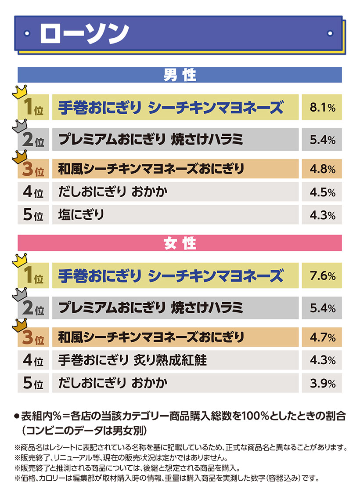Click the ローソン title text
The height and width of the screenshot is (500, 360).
(84, 33)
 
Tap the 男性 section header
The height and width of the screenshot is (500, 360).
(180, 75)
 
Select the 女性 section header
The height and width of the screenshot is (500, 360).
(180, 243)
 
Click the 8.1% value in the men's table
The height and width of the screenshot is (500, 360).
(322, 108)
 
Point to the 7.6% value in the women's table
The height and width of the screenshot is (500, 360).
(322, 276)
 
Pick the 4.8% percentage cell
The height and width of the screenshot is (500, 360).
(322, 169)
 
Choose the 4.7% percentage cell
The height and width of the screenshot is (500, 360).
(322, 337)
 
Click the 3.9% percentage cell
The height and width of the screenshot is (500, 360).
(322, 383)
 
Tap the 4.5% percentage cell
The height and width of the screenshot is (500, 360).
(322, 192)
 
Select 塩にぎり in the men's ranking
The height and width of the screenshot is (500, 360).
(81, 214)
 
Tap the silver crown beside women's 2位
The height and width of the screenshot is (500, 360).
(20, 294)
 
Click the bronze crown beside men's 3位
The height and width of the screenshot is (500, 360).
(20, 157)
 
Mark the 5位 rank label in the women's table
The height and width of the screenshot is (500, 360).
(33, 383)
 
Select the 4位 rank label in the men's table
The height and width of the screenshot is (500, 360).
(33, 192)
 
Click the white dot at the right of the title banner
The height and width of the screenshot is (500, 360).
(330, 33)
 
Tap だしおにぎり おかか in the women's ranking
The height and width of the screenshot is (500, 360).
(113, 383)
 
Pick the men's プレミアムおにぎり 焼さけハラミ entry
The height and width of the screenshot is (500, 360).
(151, 140)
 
